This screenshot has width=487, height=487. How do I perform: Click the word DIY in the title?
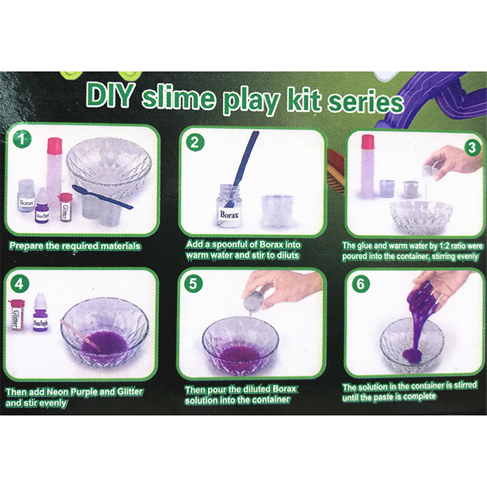click(110, 94)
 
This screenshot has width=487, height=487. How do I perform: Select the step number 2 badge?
click(195, 142)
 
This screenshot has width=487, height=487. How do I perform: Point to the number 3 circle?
click(471, 147)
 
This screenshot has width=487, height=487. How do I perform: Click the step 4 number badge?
click(19, 284)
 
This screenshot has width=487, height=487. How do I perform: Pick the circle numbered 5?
click(192, 283)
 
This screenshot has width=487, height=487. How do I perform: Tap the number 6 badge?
click(360, 283)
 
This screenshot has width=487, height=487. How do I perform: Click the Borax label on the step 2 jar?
click(229, 214)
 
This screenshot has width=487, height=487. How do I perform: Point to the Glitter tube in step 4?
click(16, 315)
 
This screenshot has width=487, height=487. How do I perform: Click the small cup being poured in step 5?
click(253, 301)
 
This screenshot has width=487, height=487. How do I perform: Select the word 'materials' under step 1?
click(119, 246)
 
